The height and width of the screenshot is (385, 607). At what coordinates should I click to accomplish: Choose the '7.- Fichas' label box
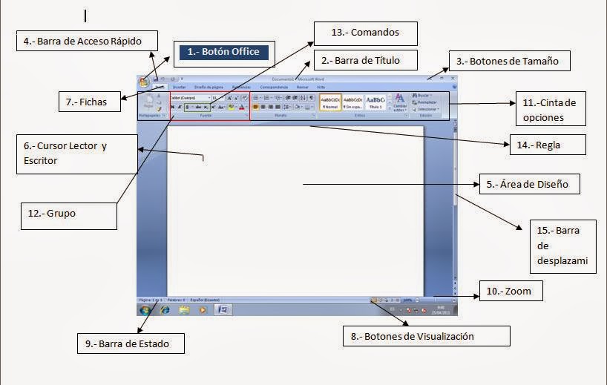89,102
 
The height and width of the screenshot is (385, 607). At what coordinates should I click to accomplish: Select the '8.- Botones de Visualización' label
425,336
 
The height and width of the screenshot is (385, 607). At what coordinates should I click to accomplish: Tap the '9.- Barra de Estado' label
131,343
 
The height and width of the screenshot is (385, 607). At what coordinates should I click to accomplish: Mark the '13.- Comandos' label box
364,33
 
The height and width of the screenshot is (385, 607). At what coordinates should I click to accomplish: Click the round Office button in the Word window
144,82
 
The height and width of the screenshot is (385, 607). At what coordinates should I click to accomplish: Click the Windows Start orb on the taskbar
145,309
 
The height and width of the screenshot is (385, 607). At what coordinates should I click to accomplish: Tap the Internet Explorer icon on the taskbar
165,309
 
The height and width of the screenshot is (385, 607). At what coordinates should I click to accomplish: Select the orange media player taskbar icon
202,309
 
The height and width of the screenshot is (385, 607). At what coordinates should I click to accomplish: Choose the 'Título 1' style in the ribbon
376,102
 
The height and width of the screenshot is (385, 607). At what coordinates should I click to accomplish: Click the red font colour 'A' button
242,107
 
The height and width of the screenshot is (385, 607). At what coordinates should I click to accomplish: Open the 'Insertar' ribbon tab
180,87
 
